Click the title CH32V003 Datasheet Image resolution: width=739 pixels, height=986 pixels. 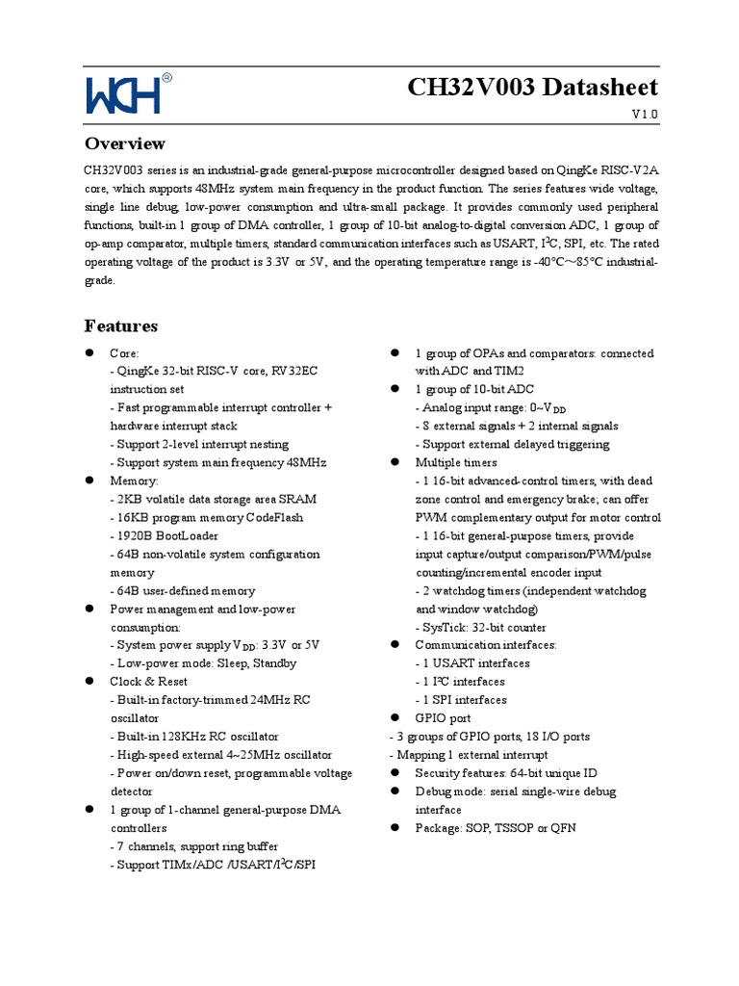(x=532, y=87)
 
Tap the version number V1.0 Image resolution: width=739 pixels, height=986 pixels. (x=645, y=115)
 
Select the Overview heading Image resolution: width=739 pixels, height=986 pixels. (x=125, y=143)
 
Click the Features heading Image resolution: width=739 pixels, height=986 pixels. (x=121, y=325)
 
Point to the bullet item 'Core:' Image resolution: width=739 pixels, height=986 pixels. (x=124, y=353)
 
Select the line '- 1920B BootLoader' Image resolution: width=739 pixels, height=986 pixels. (x=165, y=535)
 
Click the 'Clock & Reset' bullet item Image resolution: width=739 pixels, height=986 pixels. (x=149, y=682)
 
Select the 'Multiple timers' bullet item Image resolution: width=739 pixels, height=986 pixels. (x=455, y=463)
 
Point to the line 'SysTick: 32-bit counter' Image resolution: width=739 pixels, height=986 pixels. (x=481, y=627)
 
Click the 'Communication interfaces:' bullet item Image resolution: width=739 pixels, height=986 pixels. (x=485, y=645)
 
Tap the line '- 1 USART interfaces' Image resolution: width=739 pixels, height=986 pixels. (x=472, y=663)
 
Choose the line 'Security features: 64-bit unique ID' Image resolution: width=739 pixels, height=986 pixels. (x=506, y=773)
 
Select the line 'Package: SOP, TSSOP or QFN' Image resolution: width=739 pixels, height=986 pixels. (x=495, y=828)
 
